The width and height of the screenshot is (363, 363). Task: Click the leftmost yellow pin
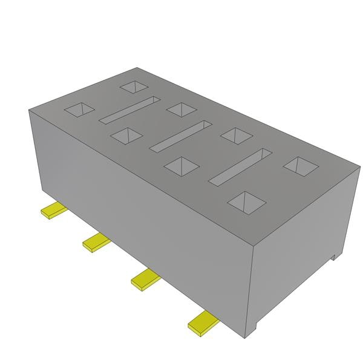(x=53, y=211)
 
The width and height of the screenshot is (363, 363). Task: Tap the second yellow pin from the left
(x=96, y=241)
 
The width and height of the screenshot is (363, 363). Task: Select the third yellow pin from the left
(x=146, y=278)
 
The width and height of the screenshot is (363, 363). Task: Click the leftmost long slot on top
(x=129, y=108)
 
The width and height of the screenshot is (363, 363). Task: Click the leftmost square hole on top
(x=80, y=110)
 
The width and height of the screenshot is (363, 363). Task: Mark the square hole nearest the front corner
(x=246, y=201)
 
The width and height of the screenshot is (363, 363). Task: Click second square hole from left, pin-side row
(x=127, y=136)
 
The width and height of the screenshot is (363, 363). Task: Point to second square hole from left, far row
(x=181, y=109)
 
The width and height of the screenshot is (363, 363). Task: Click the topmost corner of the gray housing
(x=137, y=67)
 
